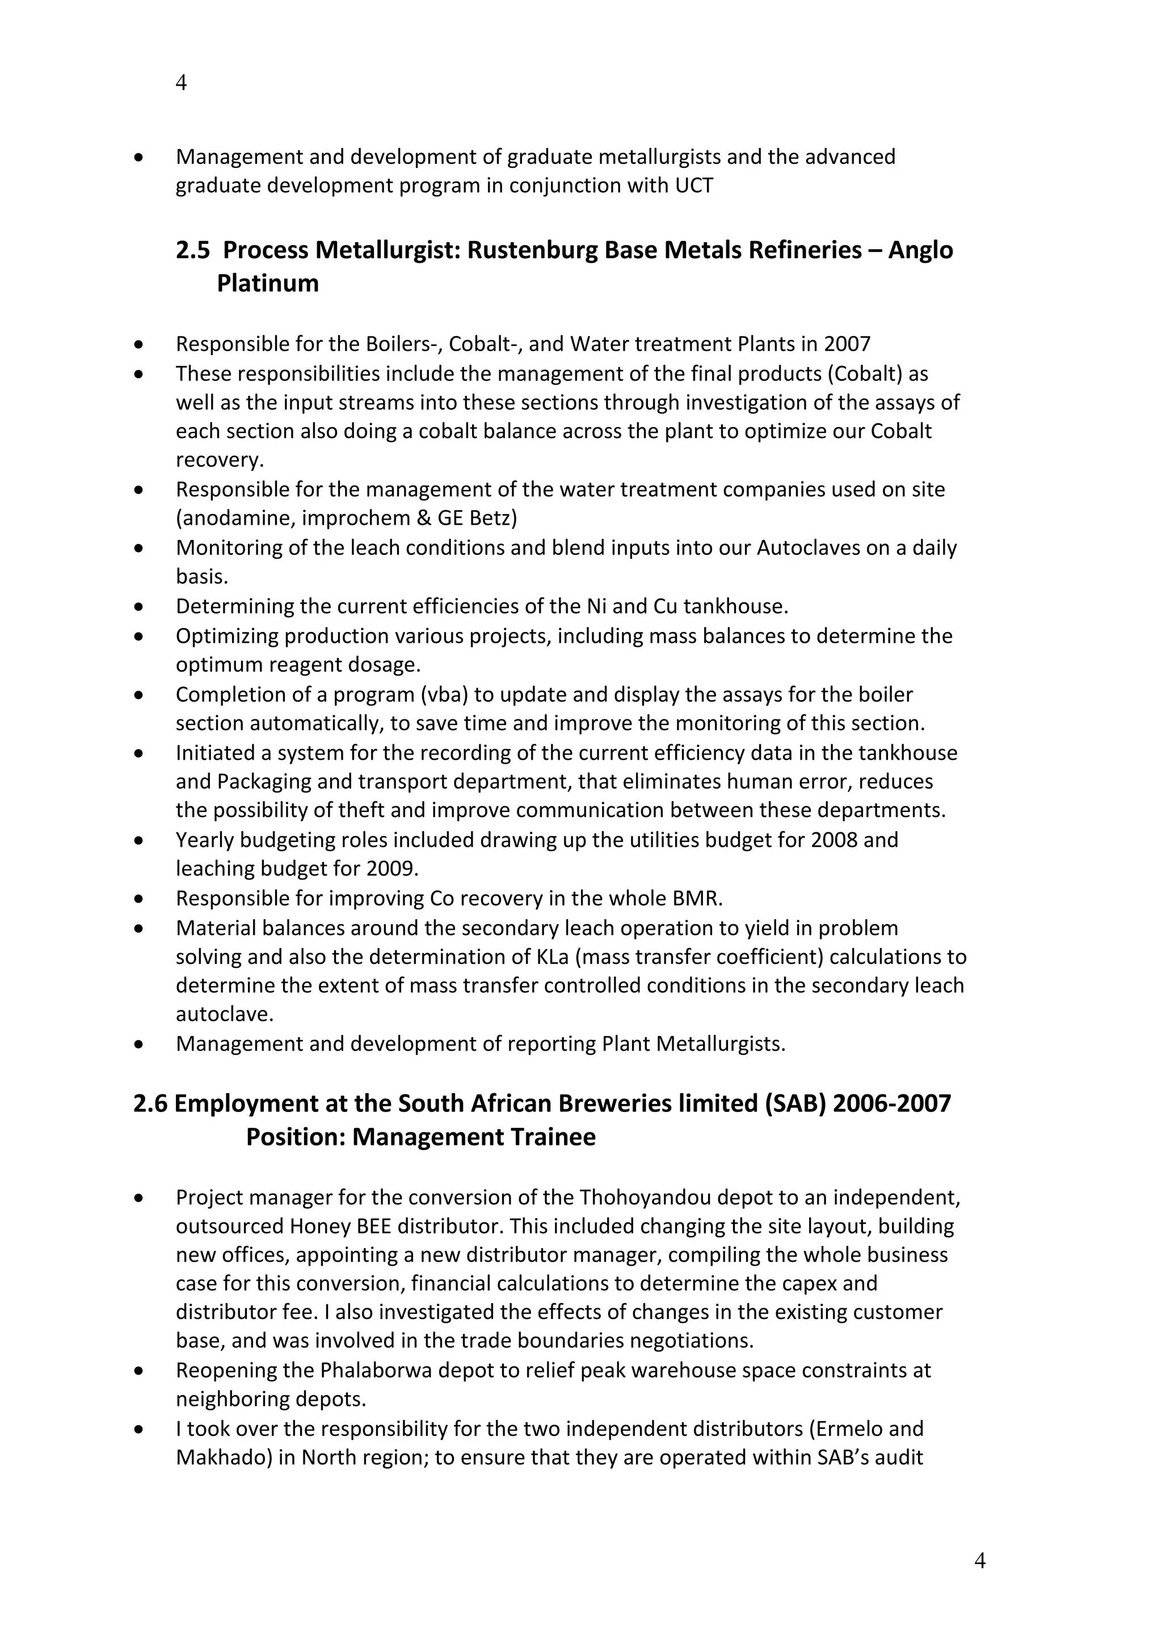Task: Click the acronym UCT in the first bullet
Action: [694, 186]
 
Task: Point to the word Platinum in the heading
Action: [268, 283]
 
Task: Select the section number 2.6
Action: [150, 1103]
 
